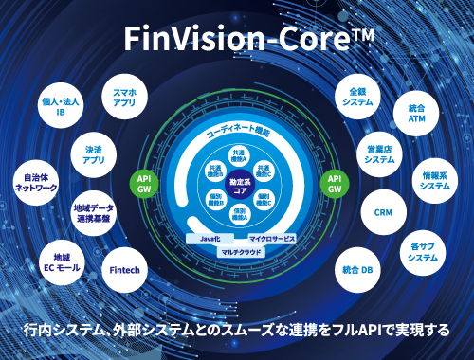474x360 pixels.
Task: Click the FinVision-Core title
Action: coord(236,39)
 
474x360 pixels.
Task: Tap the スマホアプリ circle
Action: coord(124,98)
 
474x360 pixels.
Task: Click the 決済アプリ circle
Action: coord(94,154)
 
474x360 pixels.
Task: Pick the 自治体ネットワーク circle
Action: coord(35,181)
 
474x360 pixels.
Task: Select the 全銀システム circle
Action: coord(357,98)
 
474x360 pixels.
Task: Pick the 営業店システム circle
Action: coord(380,154)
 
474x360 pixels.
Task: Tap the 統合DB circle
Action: coord(357,270)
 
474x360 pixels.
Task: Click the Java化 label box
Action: coord(210,238)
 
